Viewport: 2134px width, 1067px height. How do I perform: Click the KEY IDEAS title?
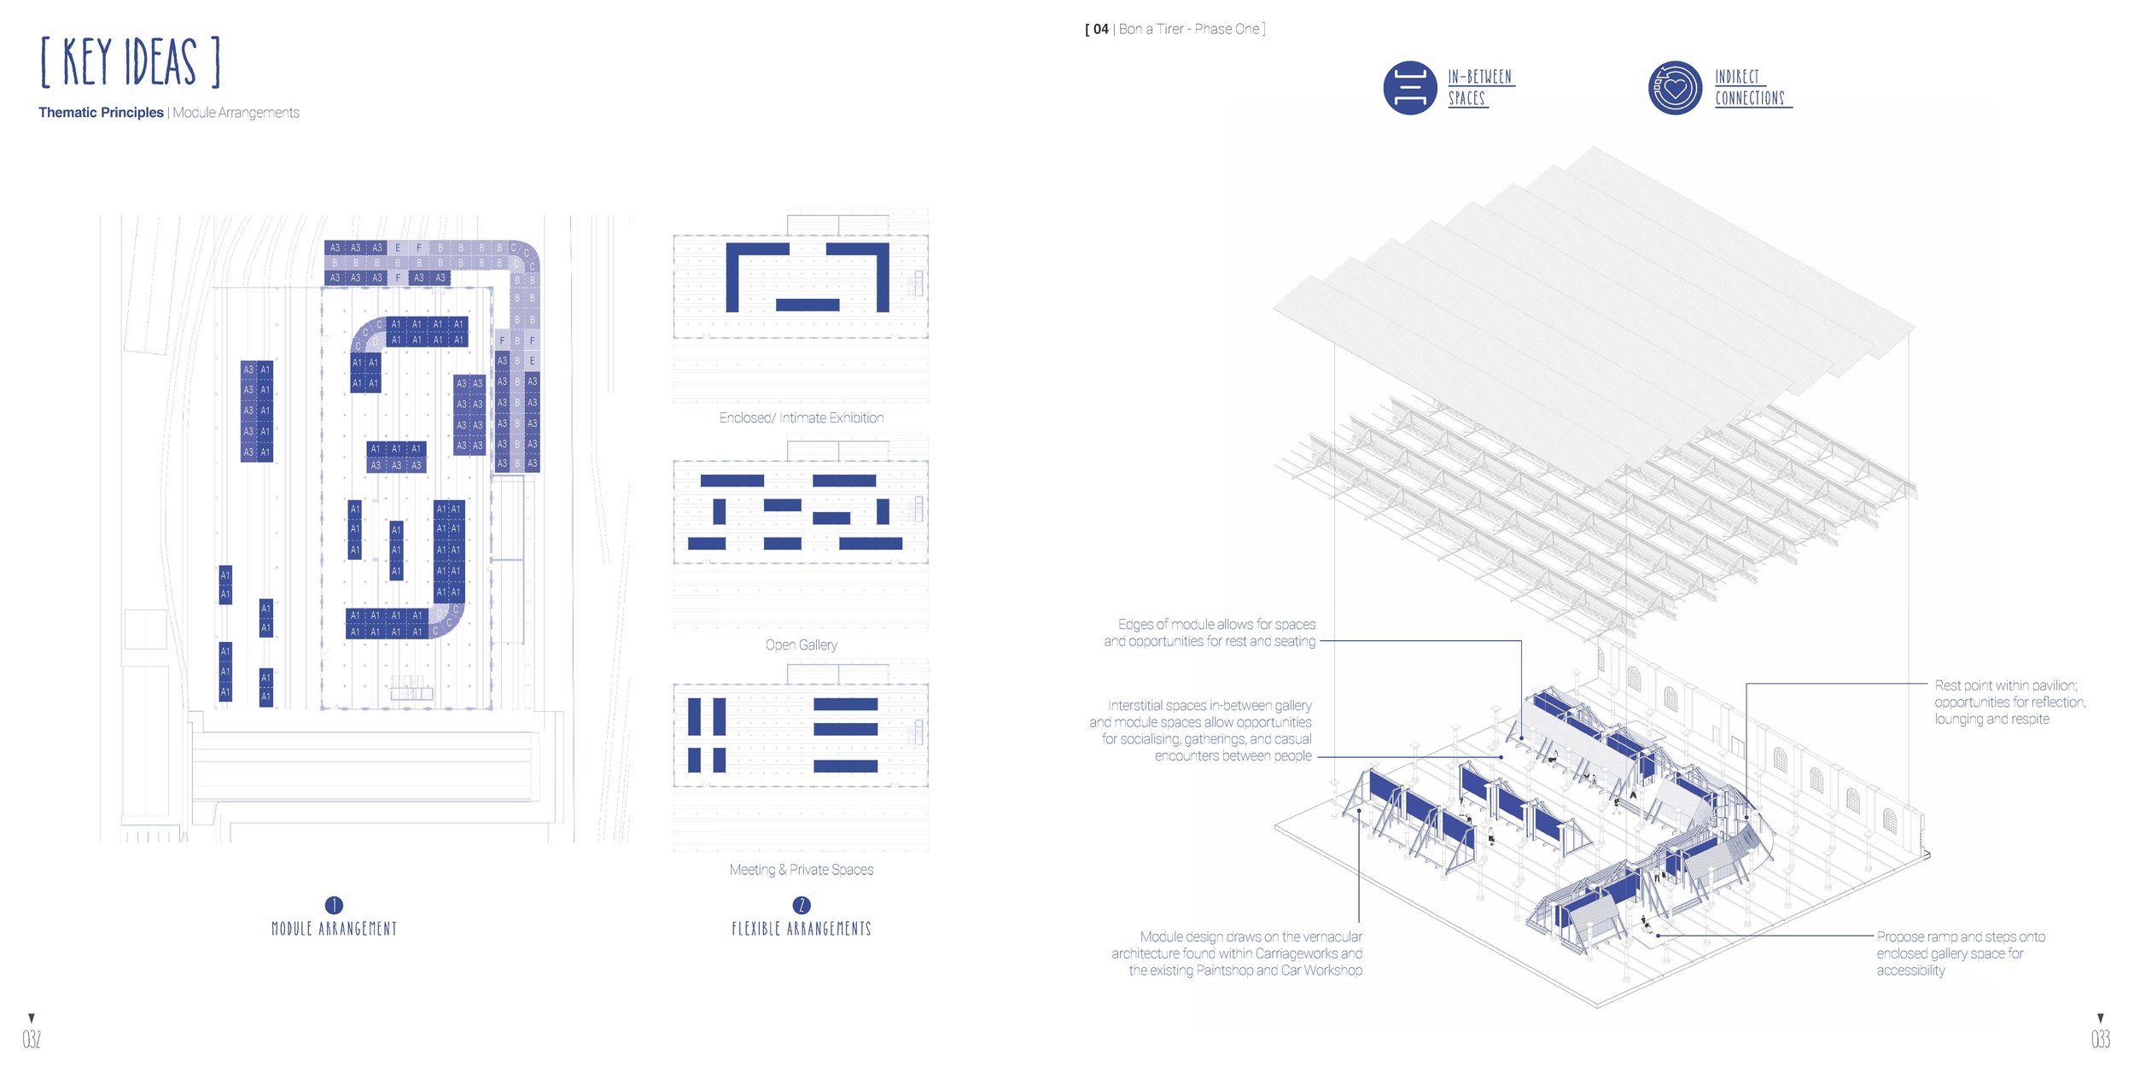[131, 62]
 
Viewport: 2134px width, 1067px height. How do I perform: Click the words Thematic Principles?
[101, 113]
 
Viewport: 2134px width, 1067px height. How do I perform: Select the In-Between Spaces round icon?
[1409, 88]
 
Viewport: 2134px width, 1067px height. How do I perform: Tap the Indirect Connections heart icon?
[1675, 88]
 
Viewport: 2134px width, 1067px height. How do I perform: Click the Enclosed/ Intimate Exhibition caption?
[801, 418]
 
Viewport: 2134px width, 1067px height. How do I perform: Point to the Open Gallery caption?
[801, 645]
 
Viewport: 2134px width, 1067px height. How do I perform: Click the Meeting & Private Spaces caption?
[801, 870]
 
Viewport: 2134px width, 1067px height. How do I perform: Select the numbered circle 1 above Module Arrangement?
[334, 905]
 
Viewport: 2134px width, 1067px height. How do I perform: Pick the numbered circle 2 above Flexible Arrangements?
[801, 905]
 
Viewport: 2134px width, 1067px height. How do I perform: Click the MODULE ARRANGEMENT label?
[334, 929]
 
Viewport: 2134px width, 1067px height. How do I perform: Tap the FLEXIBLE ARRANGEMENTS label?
[801, 929]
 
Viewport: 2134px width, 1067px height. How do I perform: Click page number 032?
[32, 1039]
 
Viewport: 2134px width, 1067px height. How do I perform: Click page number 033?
[2100, 1039]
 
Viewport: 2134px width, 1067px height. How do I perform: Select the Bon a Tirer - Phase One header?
[1175, 29]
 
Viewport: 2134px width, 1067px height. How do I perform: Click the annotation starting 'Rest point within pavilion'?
[2009, 702]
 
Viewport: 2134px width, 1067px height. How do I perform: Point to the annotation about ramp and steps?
[1960, 953]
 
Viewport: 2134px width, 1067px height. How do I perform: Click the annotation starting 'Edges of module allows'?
[1210, 633]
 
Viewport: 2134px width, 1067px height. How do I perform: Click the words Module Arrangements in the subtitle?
[236, 113]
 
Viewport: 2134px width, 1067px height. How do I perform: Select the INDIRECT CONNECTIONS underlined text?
[1749, 88]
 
